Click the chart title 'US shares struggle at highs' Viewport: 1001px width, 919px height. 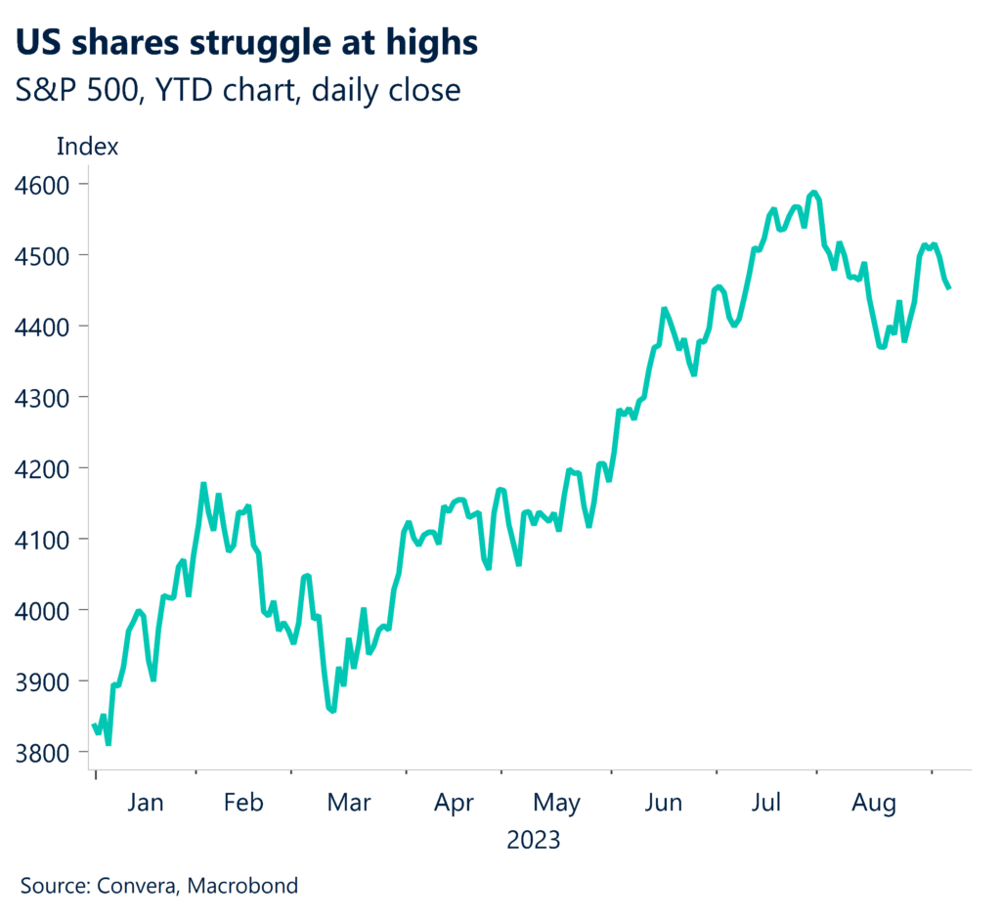tap(248, 44)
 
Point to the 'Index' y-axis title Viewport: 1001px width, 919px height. tap(88, 148)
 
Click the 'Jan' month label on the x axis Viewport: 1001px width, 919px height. tap(145, 803)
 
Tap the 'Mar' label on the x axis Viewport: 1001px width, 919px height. tap(349, 803)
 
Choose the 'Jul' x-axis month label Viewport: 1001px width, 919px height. tap(767, 803)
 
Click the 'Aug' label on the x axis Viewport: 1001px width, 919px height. tap(873, 803)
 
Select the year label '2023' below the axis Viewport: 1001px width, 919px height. tap(534, 840)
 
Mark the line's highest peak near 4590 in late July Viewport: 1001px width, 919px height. tap(813, 193)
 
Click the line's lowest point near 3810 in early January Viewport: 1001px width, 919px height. tap(109, 744)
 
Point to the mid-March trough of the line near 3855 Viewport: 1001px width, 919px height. tap(333, 711)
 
